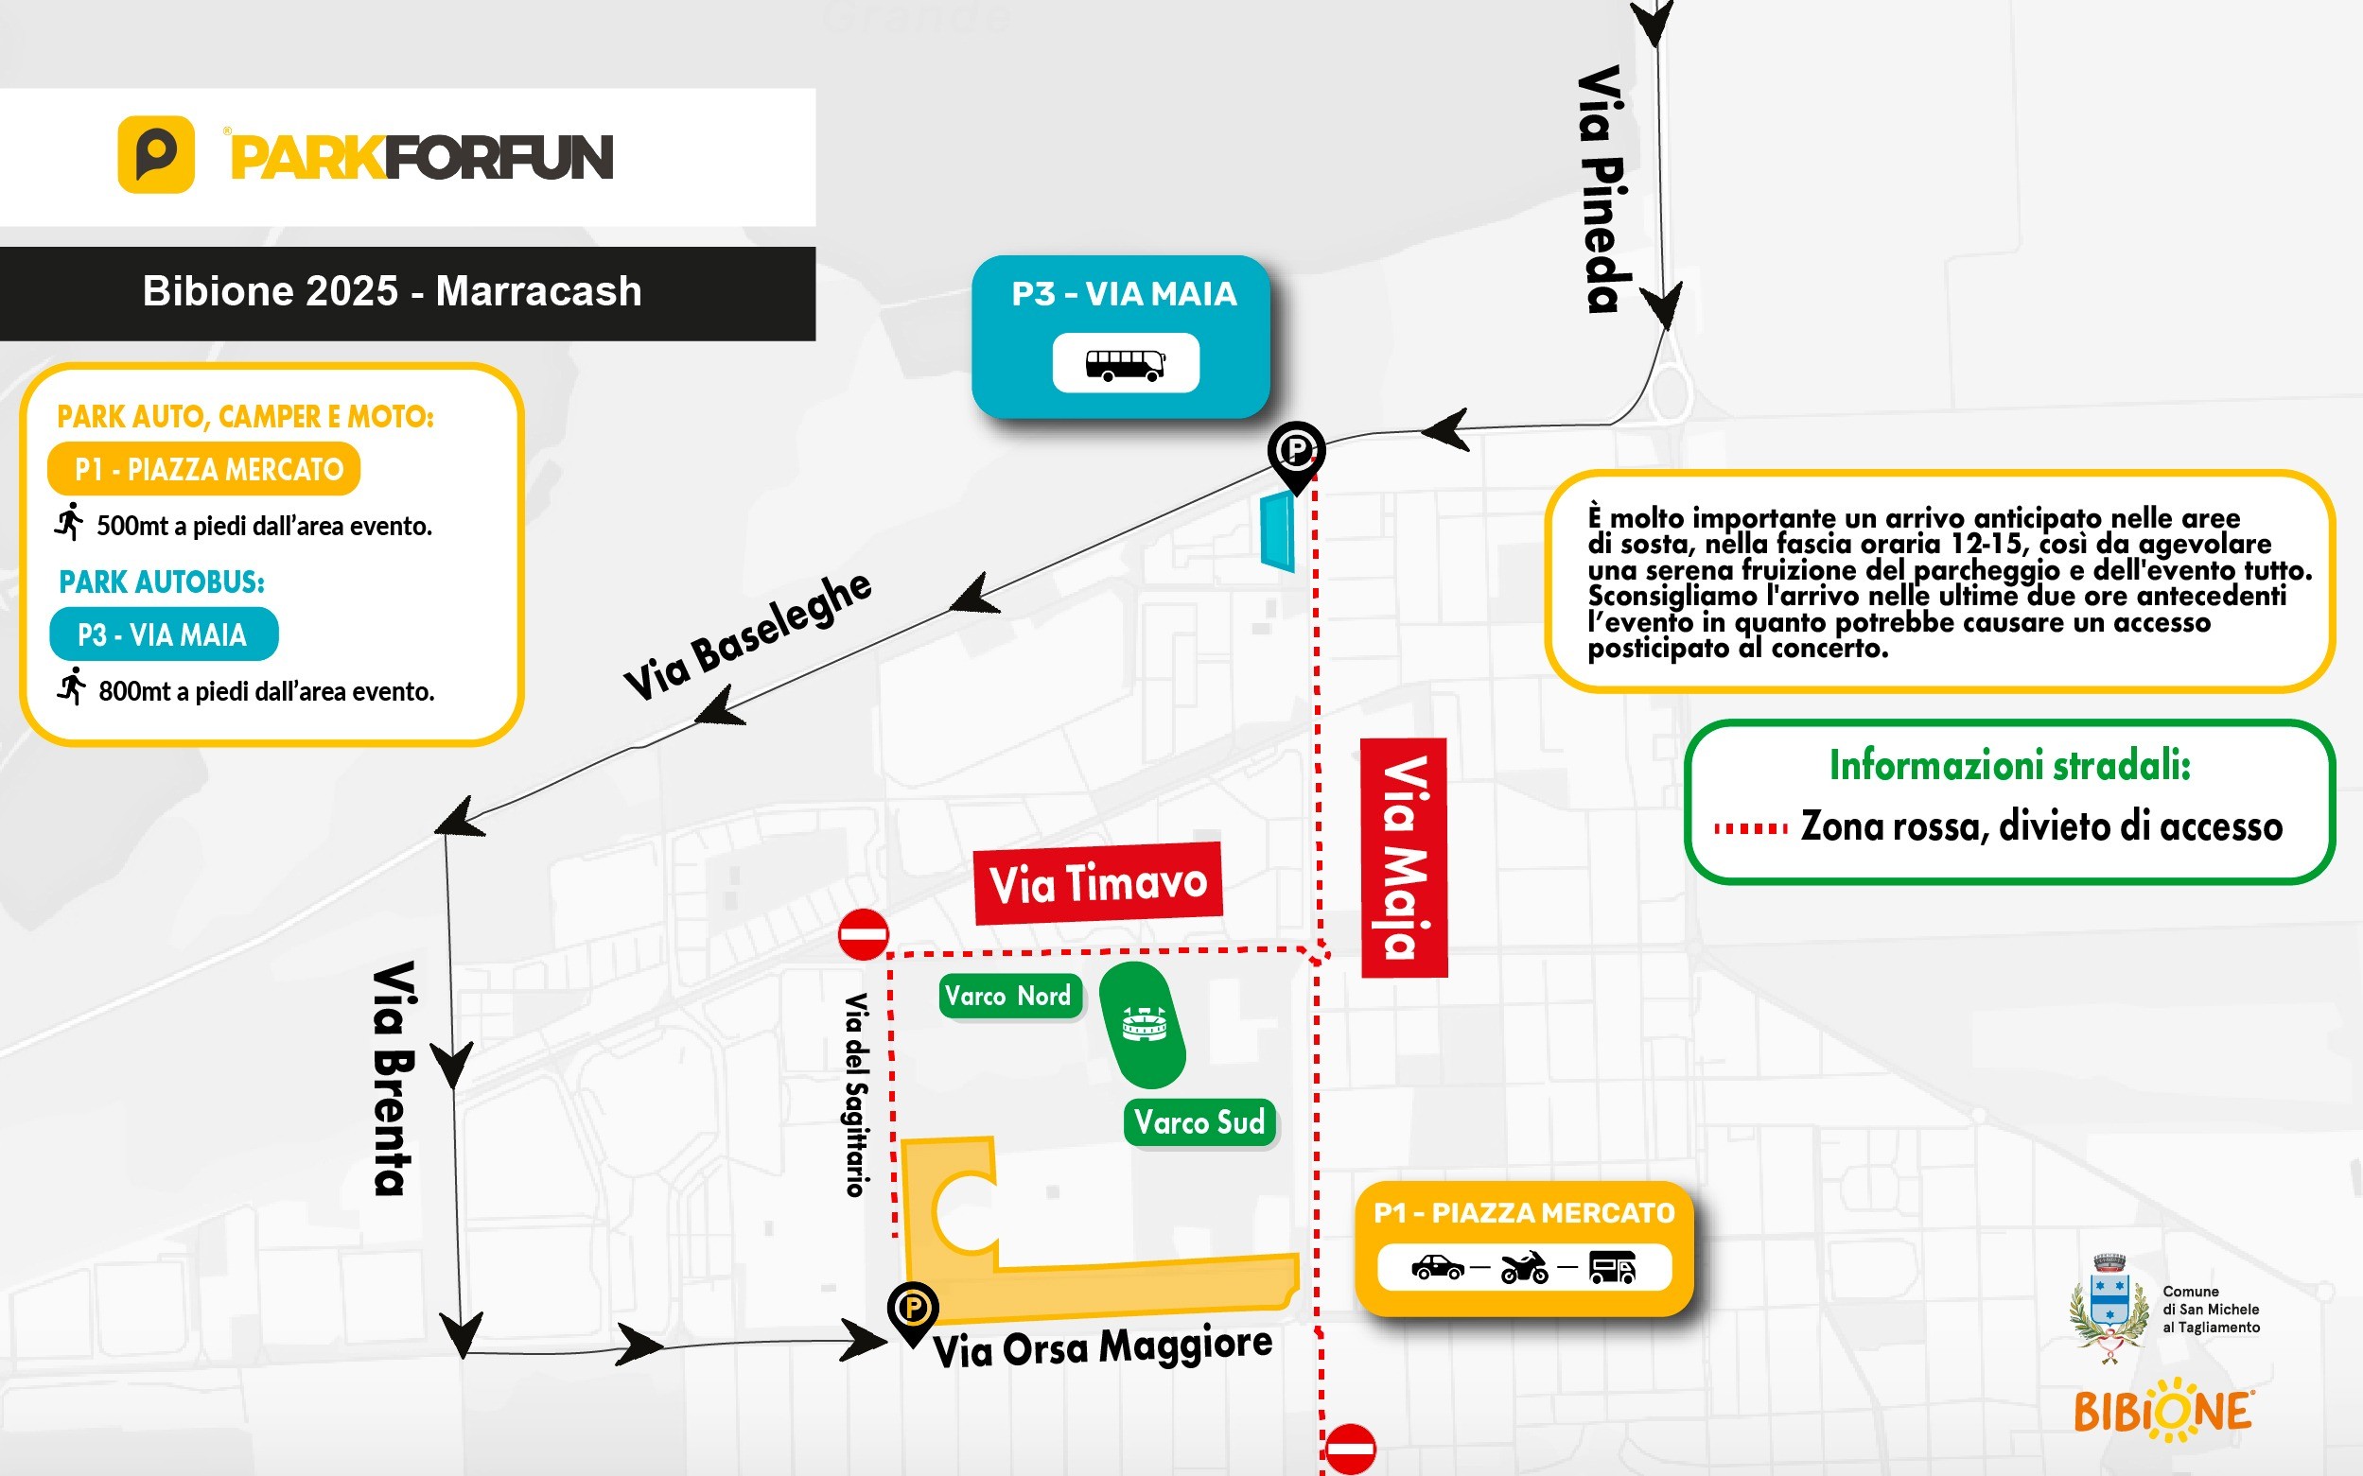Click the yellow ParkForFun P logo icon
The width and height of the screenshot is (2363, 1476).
coord(156,154)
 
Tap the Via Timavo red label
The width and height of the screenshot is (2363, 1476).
coord(1097,882)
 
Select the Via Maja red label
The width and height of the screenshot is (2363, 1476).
coord(1403,857)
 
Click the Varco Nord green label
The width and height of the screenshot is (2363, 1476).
coord(1009,996)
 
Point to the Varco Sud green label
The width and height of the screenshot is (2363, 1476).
coord(1199,1122)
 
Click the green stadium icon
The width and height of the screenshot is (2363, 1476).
coord(1143,1025)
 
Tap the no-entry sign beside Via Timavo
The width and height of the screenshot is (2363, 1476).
coord(863,934)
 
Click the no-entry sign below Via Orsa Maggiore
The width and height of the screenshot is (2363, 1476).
coord(1350,1448)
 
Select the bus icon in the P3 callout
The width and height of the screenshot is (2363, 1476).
coord(1125,364)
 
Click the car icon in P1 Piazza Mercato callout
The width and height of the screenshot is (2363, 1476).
coord(1437,1268)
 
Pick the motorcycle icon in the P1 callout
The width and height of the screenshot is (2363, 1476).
coord(1524,1268)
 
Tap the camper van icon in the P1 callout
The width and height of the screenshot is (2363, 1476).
coord(1612,1268)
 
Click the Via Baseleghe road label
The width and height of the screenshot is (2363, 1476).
coord(748,635)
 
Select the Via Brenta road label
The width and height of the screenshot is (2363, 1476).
coord(394,1078)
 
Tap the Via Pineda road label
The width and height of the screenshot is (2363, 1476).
coord(1602,189)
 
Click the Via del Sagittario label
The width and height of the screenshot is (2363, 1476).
coord(856,1094)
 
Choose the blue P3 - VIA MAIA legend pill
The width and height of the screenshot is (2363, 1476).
coord(164,634)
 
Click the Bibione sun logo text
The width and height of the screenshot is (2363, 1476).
coord(2162,1412)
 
